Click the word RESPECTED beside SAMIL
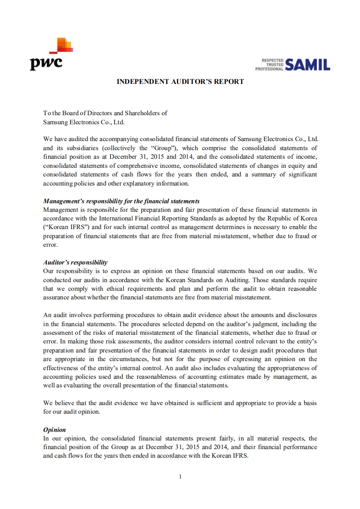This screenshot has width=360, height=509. tap(272, 60)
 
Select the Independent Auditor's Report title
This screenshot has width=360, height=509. tap(180, 82)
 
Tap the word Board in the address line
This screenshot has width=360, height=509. tap(69, 113)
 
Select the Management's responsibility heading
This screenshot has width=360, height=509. tap(121, 201)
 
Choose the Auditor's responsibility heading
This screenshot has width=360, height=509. tap(75, 262)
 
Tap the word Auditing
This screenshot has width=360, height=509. tap(232, 280)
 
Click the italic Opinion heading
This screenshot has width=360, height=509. tap(54, 430)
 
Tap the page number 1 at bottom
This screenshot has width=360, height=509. tap(180, 477)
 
